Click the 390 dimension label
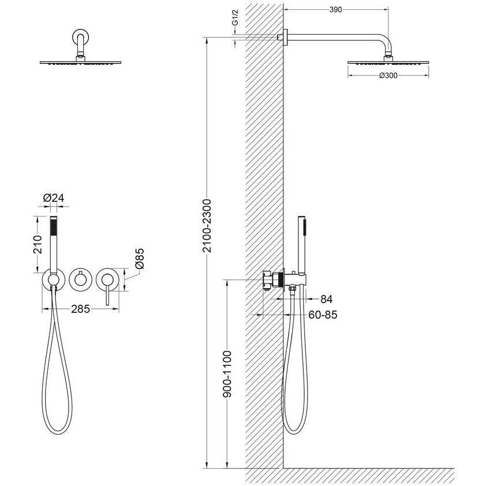pyautogui.click(x=335, y=10)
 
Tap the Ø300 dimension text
pyautogui.click(x=388, y=75)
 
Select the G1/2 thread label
pyautogui.click(x=235, y=18)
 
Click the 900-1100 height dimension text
pyautogui.click(x=227, y=374)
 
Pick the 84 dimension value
pyautogui.click(x=326, y=299)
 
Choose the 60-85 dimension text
pyautogui.click(x=323, y=315)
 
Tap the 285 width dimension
pyautogui.click(x=80, y=309)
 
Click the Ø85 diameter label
pyautogui.click(x=140, y=258)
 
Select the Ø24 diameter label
pyautogui.click(x=54, y=198)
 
